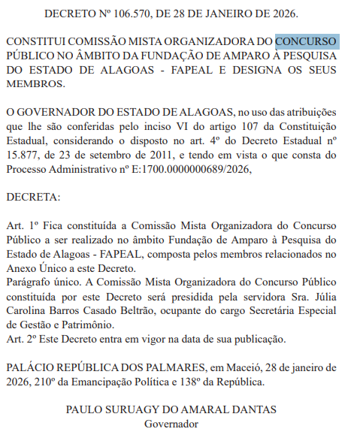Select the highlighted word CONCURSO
coord(307,41)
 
